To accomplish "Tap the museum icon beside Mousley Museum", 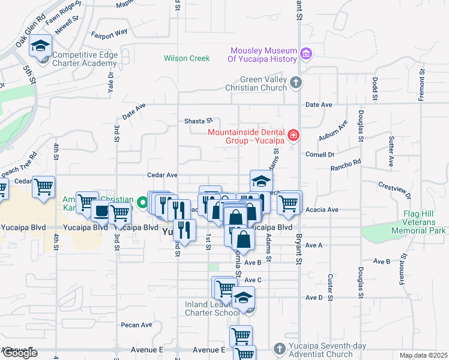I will (307, 55).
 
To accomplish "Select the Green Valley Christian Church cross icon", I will (295, 83).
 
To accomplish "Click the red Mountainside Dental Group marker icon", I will (293, 136).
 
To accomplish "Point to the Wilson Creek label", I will (187, 59).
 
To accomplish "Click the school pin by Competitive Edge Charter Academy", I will (41, 46).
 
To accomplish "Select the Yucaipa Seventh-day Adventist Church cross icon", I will (279, 349).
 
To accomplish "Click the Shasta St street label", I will (198, 121).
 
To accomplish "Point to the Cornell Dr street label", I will (320, 154).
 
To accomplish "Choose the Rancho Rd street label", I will (346, 163).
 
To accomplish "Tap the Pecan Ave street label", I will (137, 325).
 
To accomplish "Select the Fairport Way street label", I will (109, 33).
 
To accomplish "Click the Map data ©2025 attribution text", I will (423, 356).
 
